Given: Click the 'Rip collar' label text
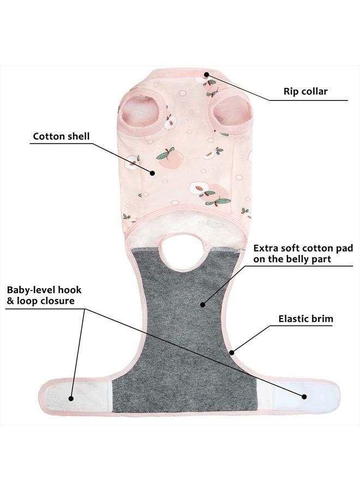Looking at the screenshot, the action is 305,92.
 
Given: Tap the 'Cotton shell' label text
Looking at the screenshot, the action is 61,136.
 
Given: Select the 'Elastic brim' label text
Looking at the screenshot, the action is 306,319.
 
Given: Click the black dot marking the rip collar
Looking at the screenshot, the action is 207,74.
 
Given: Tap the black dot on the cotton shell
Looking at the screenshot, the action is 152,173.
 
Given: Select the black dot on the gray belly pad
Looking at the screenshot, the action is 203,304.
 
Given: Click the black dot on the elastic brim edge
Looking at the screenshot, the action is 232,353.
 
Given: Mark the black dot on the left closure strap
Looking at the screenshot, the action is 71,399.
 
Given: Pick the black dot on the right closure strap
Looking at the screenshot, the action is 304,397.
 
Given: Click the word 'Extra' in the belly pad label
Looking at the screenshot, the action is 265,248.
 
